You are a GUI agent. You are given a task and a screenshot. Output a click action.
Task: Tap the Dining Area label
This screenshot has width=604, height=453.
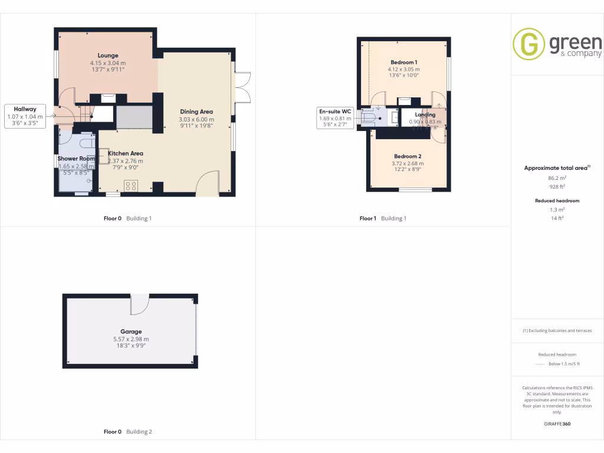(x=196, y=111)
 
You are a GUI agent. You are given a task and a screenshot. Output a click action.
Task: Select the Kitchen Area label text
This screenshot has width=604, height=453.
(x=125, y=153)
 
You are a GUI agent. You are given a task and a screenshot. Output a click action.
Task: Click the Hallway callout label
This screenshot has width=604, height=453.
(x=25, y=109)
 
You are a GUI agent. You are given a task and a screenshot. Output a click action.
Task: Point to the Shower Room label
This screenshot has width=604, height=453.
(x=76, y=159)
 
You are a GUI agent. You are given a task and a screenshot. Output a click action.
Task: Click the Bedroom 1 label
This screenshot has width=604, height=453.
(x=404, y=62)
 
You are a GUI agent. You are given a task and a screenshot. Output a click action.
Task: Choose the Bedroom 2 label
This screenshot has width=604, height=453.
(x=407, y=156)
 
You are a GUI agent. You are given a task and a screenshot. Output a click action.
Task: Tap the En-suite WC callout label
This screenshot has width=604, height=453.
(x=335, y=111)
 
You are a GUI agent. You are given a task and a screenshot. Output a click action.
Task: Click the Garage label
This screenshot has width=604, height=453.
(x=131, y=331)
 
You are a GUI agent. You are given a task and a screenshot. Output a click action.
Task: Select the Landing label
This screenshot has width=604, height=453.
(x=425, y=114)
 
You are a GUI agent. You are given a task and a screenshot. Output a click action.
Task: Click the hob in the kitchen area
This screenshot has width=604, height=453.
(x=131, y=185)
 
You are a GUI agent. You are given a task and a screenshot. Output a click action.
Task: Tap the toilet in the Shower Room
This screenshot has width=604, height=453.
(x=86, y=142)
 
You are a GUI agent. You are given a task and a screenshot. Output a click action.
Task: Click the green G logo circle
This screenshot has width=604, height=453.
(x=528, y=44)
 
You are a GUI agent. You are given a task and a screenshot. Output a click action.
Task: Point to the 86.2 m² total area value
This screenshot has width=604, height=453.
(x=557, y=177)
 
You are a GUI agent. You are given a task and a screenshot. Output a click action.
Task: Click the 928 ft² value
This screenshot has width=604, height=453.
(x=557, y=186)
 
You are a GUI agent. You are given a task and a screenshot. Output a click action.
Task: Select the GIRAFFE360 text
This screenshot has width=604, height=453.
(x=557, y=424)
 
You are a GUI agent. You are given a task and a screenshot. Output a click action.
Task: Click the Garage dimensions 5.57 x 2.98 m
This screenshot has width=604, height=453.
(x=131, y=339)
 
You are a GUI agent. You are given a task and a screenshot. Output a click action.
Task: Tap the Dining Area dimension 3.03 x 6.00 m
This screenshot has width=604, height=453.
(x=196, y=119)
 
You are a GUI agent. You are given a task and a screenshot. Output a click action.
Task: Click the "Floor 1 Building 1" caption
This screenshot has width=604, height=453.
(x=383, y=219)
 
